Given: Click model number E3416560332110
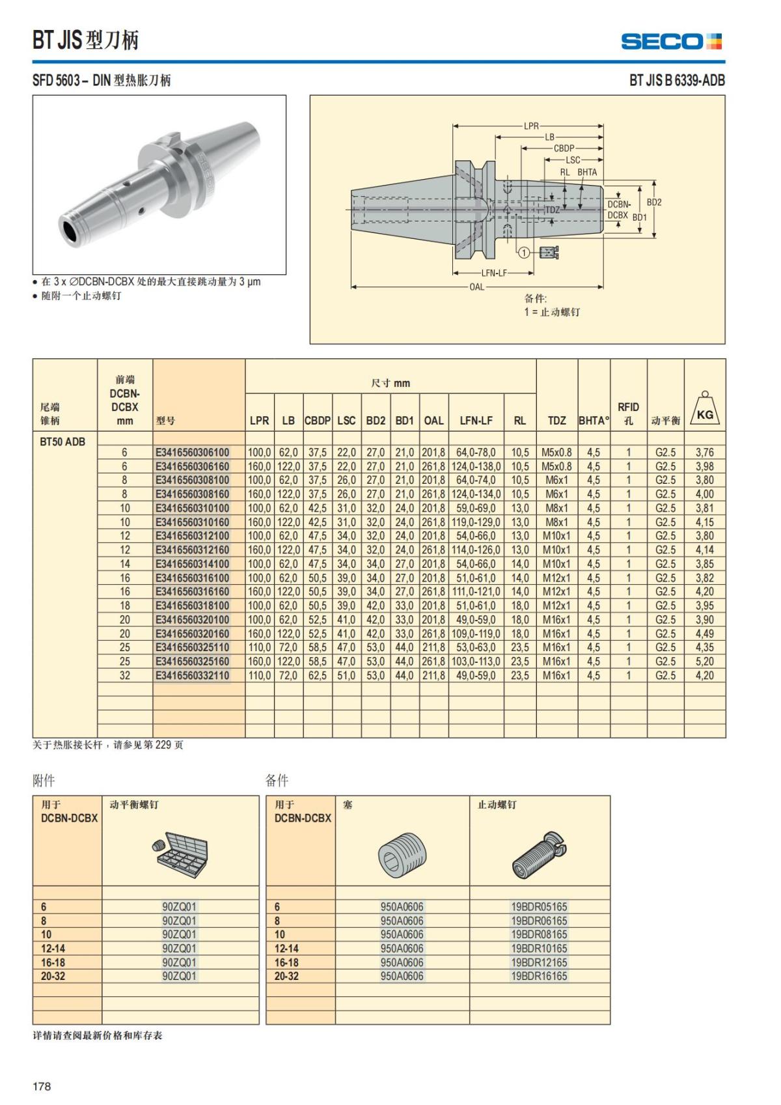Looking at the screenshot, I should (x=193, y=676).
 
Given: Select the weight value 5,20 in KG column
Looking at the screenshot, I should (x=704, y=662).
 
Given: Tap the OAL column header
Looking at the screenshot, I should (x=433, y=421).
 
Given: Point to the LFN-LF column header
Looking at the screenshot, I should (x=476, y=421).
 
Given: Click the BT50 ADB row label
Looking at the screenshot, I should (x=62, y=441).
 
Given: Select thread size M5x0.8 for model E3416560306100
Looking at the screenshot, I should (x=556, y=453).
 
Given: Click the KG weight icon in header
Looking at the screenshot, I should (x=705, y=410).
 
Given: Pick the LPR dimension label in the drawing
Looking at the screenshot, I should (x=531, y=126).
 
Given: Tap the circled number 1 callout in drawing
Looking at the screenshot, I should (x=524, y=253).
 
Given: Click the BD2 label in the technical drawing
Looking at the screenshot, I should (x=653, y=203).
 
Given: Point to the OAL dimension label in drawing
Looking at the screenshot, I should (x=476, y=287).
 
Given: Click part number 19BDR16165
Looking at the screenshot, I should (x=539, y=976).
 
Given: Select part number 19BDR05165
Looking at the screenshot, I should (x=539, y=906).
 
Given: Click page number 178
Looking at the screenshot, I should (x=42, y=1086).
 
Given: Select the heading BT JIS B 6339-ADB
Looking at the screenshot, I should (x=676, y=81).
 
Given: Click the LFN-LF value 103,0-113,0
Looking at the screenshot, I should (x=476, y=662).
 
